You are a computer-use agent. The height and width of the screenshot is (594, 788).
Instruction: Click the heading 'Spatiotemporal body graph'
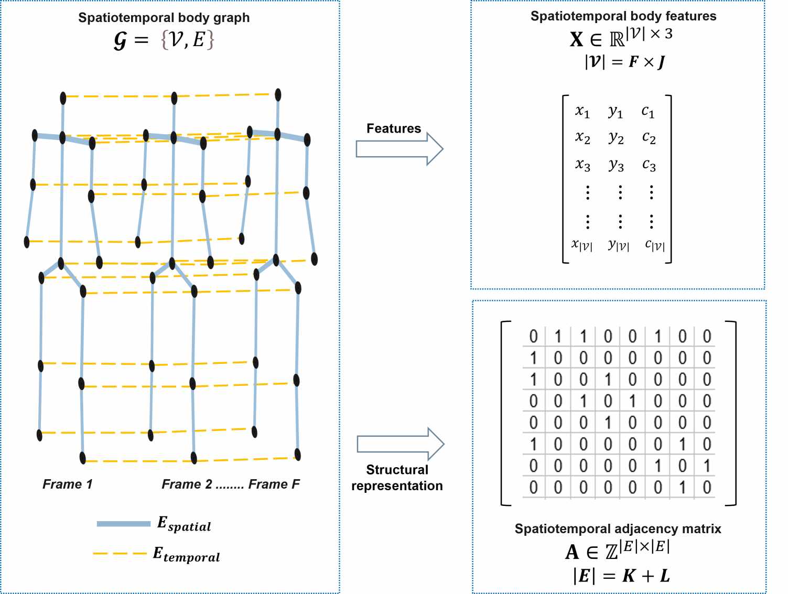tap(164, 18)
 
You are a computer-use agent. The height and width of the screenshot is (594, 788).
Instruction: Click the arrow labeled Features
tap(399, 149)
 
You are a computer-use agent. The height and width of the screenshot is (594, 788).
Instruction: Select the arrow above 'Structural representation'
tap(400, 444)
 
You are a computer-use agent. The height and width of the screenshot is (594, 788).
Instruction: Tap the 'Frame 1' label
tap(67, 484)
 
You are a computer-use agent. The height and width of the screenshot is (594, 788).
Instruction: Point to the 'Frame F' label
tap(274, 484)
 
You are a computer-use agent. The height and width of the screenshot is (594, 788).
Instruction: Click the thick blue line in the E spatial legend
tap(124, 524)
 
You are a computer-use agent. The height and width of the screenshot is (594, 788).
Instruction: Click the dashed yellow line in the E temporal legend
tap(120, 554)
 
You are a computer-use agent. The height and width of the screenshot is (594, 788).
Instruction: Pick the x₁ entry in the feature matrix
tap(582, 111)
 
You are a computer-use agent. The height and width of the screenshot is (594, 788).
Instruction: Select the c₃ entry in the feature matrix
tap(649, 166)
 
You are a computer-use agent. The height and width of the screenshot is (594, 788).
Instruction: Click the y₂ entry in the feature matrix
tap(616, 138)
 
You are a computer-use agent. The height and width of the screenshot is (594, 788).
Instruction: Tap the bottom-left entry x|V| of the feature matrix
tap(582, 245)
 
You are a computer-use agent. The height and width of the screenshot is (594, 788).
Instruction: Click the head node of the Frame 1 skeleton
tap(63, 98)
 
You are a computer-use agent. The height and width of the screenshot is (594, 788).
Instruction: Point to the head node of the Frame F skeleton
tap(278, 95)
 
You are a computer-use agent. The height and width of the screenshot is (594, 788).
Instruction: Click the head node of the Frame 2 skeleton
tap(174, 98)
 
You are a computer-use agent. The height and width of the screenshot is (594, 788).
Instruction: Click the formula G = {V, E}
tap(164, 40)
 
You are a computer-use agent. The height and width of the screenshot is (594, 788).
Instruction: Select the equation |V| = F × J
tap(624, 62)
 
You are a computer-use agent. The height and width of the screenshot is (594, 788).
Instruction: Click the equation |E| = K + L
tap(621, 576)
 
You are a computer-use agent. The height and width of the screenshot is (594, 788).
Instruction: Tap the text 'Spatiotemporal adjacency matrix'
tap(618, 528)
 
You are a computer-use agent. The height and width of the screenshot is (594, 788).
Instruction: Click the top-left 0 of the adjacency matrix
tap(533, 336)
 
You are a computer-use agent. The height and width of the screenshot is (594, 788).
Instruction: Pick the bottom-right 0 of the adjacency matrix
tap(707, 488)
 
